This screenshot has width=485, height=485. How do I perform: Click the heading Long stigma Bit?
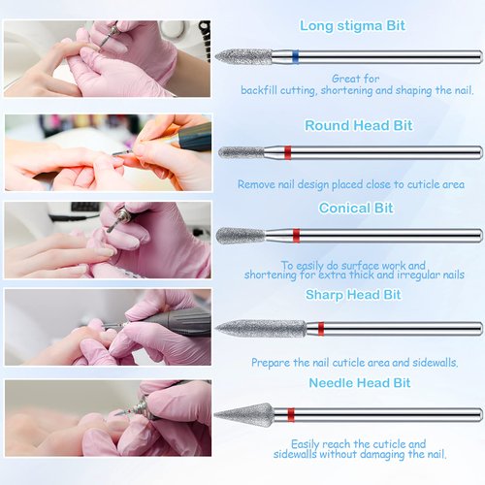352,26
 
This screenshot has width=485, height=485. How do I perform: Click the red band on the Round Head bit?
287,152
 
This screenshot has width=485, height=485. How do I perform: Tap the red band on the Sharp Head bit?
320,329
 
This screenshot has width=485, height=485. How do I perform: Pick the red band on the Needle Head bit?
289,415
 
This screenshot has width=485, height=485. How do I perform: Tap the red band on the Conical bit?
297,236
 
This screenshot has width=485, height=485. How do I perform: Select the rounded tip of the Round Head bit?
226,152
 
